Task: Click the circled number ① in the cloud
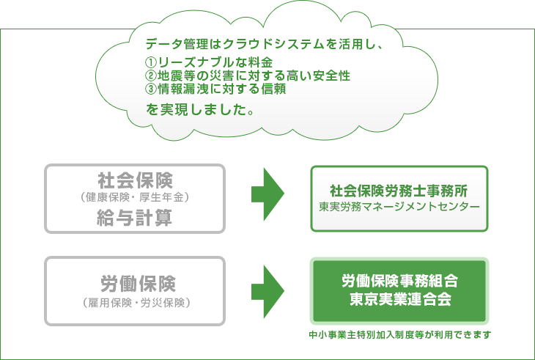click(150, 62)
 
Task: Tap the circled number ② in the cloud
click(150, 76)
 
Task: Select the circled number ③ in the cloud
click(150, 89)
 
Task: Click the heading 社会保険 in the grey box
click(135, 180)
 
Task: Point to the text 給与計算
click(134, 218)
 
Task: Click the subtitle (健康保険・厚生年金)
click(135, 197)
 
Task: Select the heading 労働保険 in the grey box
click(138, 284)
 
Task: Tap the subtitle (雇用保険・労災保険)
click(136, 303)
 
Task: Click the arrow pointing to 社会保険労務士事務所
click(267, 194)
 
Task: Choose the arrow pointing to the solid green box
click(267, 291)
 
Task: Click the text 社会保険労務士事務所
click(399, 191)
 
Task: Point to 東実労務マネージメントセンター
click(399, 207)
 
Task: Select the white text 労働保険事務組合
click(399, 281)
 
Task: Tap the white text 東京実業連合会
click(401, 299)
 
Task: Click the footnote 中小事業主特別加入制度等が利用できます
click(400, 335)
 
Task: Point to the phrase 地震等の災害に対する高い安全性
click(254, 76)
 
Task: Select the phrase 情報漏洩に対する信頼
click(222, 89)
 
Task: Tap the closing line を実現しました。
click(200, 109)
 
